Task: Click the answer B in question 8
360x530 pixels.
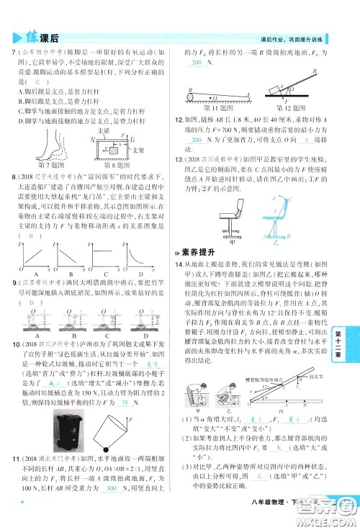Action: pyautogui.click(x=30, y=235)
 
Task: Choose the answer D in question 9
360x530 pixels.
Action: pyautogui.click(x=30, y=303)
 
